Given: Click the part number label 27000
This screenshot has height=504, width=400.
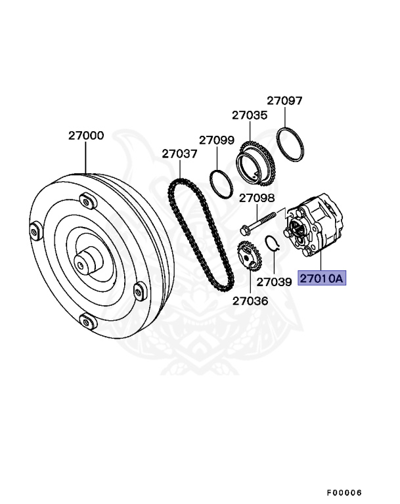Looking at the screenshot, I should pyautogui.click(x=86, y=136).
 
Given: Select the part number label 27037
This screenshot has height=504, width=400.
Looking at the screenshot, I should pyautogui.click(x=180, y=154).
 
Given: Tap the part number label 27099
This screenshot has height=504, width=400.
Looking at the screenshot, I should pyautogui.click(x=217, y=140).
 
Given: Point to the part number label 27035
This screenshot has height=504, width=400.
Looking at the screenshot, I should pyautogui.click(x=250, y=115).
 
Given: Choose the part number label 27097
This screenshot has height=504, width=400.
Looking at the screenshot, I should pyautogui.click(x=284, y=100).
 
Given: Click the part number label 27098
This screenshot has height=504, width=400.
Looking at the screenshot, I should pyautogui.click(x=257, y=198).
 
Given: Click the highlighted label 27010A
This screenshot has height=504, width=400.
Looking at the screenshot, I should pyautogui.click(x=322, y=278).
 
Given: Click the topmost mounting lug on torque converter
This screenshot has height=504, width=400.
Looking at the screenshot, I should pyautogui.click(x=86, y=199).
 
